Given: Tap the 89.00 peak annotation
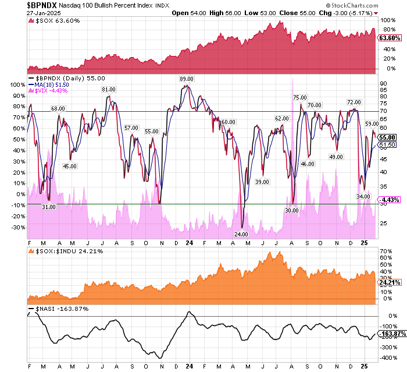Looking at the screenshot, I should pyautogui.click(x=186, y=79).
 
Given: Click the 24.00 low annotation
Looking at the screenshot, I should pyautogui.click(x=241, y=234).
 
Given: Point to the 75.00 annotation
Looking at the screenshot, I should pyautogui.click(x=300, y=98).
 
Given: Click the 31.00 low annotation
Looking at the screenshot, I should pyautogui.click(x=49, y=207).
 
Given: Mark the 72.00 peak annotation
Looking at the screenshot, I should pyautogui.click(x=354, y=102).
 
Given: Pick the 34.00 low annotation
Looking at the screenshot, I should pyautogui.click(x=363, y=197).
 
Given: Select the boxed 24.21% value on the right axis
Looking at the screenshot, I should pyautogui.click(x=389, y=284).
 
